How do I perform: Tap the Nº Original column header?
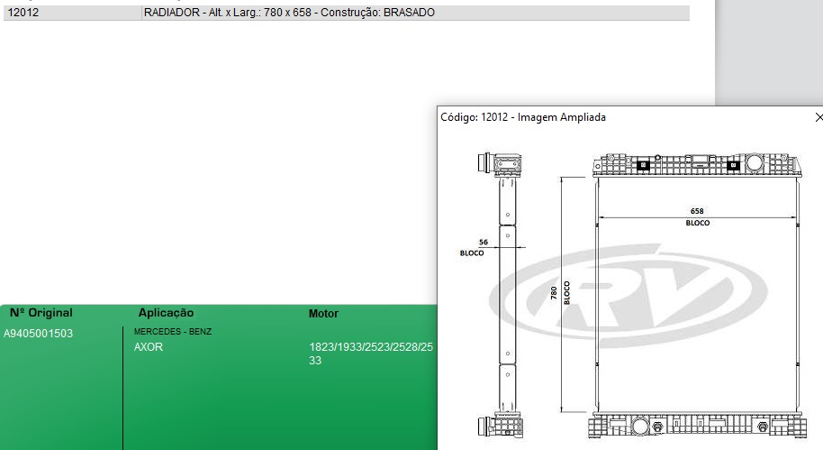click(41, 313)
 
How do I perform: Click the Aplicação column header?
click(166, 313)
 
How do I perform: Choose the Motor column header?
click(323, 314)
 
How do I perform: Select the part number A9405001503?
click(39, 334)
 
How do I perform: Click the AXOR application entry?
click(149, 347)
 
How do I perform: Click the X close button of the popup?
click(818, 117)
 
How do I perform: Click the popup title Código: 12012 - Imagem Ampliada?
click(522, 117)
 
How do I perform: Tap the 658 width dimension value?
click(697, 211)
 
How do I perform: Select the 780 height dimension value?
click(554, 293)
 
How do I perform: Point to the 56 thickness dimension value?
click(483, 243)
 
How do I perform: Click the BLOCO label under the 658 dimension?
click(697, 223)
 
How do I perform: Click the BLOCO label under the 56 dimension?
click(472, 253)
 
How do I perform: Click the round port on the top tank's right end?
click(754, 164)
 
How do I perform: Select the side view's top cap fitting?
click(502, 165)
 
